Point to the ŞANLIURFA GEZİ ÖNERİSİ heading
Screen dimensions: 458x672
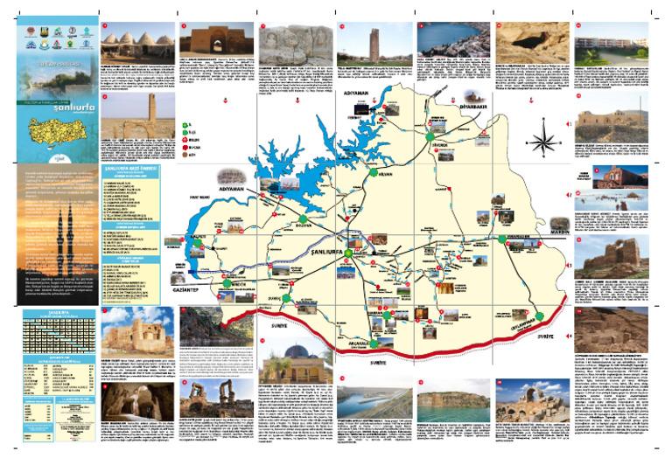click(x=141, y=173)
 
